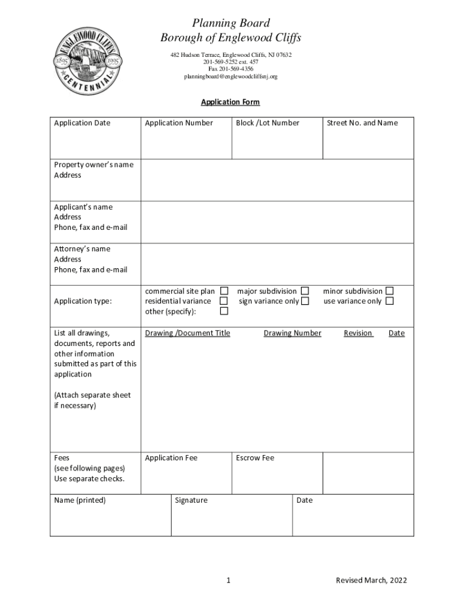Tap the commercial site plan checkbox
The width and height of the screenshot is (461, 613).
224,291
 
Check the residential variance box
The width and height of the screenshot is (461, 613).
224,301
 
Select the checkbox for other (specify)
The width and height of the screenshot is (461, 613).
224,311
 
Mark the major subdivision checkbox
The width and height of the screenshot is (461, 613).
305,291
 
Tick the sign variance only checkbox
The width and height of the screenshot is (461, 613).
305,301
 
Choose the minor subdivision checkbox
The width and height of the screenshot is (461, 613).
390,291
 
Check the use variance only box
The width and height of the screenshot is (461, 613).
390,301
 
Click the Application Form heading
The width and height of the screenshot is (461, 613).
230,102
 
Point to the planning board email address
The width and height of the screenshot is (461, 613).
230,77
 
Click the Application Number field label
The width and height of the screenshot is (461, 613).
179,123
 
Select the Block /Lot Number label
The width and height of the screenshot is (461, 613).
268,123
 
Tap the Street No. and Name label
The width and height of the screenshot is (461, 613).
362,123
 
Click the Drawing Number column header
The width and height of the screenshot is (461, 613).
292,333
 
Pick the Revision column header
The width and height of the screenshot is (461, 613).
358,333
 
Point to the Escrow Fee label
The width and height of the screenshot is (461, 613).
255,458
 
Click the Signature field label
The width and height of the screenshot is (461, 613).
191,500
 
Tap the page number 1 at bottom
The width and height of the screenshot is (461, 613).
229,580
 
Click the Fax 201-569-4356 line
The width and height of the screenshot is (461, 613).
230,69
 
